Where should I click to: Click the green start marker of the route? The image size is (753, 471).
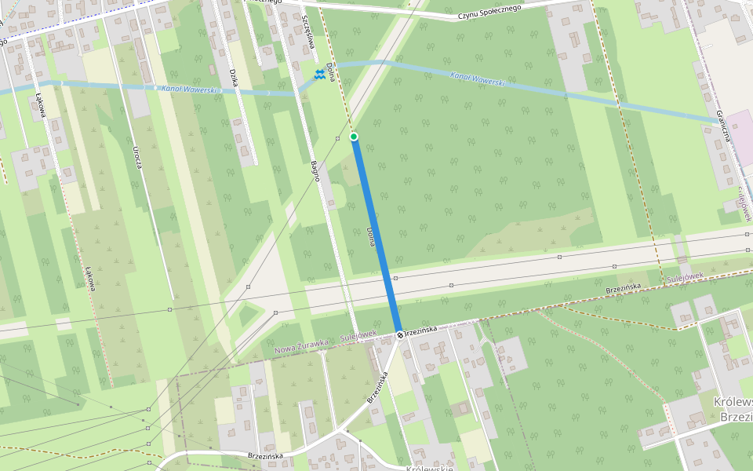pos(354,137)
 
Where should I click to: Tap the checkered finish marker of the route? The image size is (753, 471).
pos(399,335)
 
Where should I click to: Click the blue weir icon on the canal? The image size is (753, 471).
pos(319,75)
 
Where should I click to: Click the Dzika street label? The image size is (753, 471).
pos(233,78)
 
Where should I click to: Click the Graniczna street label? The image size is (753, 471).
pos(725,126)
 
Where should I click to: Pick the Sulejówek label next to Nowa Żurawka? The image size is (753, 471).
pos(358,336)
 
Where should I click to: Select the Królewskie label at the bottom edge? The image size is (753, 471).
pos(429,468)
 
